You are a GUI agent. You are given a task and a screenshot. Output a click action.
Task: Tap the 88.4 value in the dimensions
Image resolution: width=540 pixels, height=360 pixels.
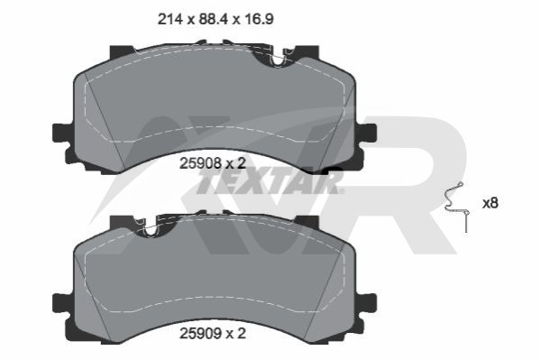click(x=214, y=19)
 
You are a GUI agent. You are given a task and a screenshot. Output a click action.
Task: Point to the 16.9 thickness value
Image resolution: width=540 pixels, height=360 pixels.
click(x=259, y=19)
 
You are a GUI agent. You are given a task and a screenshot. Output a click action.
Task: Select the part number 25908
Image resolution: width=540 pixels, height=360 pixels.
click(x=200, y=163)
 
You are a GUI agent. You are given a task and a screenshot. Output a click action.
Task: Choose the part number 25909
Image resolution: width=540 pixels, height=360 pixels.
click(x=200, y=334)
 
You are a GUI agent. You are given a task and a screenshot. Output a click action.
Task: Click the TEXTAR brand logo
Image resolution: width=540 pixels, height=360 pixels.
click(x=270, y=183)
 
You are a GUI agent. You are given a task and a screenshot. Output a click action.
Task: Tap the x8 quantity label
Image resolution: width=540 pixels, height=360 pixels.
click(x=490, y=203)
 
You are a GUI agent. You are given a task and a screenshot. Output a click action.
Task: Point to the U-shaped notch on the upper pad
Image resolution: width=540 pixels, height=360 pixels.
click(x=278, y=60)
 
